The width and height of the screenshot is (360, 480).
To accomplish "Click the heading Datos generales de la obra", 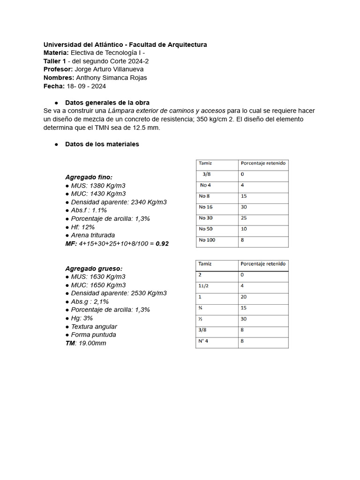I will [x=107, y=102].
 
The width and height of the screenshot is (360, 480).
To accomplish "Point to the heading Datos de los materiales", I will [x=102, y=144].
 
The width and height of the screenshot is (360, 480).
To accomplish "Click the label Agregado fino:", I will [x=89, y=177].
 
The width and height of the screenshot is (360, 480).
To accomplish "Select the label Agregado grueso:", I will [x=93, y=269].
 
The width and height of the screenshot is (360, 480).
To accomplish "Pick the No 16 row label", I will [x=206, y=207].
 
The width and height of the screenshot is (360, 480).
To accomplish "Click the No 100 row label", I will [x=207, y=240].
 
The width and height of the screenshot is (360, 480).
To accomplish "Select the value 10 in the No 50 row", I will [x=244, y=229].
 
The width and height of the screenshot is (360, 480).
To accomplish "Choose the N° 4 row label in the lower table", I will [x=203, y=341].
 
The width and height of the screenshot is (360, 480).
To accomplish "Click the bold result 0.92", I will [x=162, y=244].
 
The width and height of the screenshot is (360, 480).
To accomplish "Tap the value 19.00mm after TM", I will [x=93, y=343].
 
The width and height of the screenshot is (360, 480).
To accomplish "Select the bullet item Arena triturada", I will [x=93, y=235].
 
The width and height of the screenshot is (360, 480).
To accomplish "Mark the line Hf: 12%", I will [x=82, y=227].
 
